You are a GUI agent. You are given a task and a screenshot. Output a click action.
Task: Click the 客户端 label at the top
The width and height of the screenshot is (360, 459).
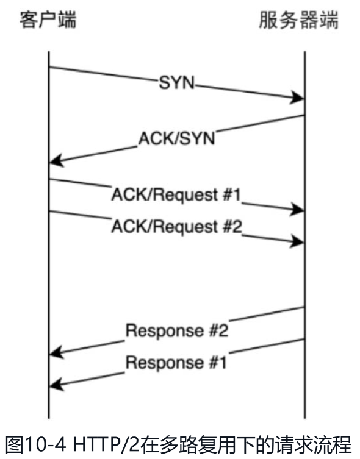(x=48, y=20)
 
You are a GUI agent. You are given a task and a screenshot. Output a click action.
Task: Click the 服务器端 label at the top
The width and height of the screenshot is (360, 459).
(x=298, y=20)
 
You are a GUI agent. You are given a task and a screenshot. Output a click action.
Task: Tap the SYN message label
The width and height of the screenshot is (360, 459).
(x=176, y=82)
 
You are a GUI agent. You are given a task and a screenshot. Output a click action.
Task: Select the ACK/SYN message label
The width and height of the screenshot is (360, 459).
(x=176, y=138)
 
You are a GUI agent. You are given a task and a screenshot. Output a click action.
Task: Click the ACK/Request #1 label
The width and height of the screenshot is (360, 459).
(x=176, y=194)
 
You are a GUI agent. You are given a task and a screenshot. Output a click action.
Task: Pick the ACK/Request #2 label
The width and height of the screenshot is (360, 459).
(x=177, y=227)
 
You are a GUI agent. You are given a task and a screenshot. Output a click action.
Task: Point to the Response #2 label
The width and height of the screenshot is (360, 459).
(x=177, y=330)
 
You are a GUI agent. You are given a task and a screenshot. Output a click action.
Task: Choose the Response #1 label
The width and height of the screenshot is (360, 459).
(x=176, y=363)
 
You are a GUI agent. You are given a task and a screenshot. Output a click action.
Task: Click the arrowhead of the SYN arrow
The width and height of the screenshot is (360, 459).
(x=297, y=98)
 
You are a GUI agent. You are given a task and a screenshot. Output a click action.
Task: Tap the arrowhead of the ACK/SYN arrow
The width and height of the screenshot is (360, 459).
(x=57, y=160)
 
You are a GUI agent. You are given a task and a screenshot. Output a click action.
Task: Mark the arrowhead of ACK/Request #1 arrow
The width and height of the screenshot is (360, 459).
(x=297, y=209)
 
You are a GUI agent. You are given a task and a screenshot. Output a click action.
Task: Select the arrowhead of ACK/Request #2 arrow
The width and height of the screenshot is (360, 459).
(x=297, y=241)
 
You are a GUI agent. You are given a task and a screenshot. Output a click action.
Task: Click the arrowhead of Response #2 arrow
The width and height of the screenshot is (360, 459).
(x=57, y=352)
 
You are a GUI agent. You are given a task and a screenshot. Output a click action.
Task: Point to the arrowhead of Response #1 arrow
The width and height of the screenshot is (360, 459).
(x=57, y=384)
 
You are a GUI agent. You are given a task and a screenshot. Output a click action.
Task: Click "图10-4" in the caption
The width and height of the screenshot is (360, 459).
(x=35, y=444)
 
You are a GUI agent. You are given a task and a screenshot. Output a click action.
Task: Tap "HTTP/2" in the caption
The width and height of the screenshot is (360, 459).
(x=106, y=444)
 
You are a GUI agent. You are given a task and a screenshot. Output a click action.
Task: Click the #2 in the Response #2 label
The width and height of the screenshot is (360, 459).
(x=218, y=330)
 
